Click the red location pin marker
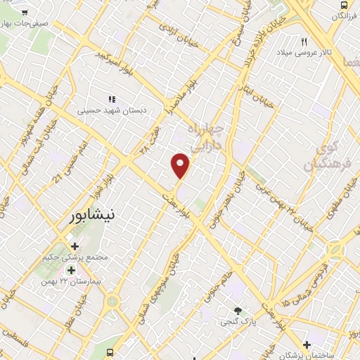(x=181, y=165)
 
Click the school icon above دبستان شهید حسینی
(x=110, y=99)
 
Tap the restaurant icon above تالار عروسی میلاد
(x=304, y=41)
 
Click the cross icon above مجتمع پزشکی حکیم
(x=75, y=245)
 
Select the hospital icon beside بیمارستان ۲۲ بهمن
(x=70, y=271)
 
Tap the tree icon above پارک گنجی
(x=238, y=310)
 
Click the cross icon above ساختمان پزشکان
(x=307, y=344)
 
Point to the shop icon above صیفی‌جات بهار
(x=25, y=13)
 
